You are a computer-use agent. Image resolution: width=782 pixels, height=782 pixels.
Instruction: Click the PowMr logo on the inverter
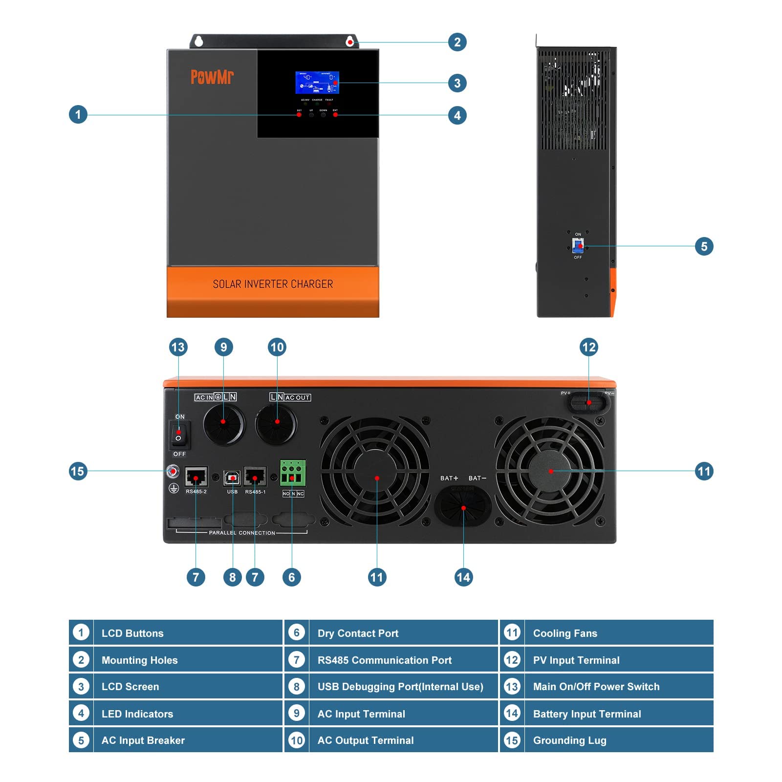tap(212, 77)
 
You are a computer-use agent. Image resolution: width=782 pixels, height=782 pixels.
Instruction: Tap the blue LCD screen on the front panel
tap(317, 83)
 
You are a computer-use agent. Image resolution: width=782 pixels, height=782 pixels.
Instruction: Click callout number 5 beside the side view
tap(704, 246)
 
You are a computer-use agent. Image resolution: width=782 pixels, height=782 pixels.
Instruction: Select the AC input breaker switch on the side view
tap(578, 245)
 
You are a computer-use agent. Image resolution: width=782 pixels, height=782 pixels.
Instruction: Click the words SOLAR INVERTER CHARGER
tap(273, 284)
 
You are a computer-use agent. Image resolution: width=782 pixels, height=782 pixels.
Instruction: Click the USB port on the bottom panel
tap(232, 478)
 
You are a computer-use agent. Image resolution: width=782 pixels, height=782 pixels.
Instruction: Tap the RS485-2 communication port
tap(196, 477)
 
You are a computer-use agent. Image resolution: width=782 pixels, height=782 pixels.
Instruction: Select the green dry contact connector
tap(292, 473)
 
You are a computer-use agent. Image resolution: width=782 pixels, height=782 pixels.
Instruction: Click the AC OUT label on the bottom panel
tap(297, 397)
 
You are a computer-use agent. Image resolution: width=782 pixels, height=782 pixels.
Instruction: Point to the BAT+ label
tap(449, 478)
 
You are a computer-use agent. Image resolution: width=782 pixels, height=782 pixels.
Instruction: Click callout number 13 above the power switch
tap(178, 347)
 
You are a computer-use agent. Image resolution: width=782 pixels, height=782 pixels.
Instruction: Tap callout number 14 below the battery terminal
tap(463, 577)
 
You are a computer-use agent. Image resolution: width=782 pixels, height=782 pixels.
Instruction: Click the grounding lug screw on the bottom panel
tap(173, 471)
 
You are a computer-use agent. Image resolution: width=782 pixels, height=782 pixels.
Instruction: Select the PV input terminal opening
tap(588, 403)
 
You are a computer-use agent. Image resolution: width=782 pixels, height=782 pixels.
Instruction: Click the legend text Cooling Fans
tap(565, 633)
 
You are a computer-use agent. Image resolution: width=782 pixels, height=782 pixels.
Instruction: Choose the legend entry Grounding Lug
tap(569, 740)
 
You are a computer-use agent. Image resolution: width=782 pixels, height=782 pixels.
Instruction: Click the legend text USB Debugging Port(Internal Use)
tap(400, 687)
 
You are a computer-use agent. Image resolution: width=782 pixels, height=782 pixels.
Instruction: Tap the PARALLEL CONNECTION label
tap(242, 533)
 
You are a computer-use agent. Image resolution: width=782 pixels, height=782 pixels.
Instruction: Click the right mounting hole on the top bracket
tap(350, 42)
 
